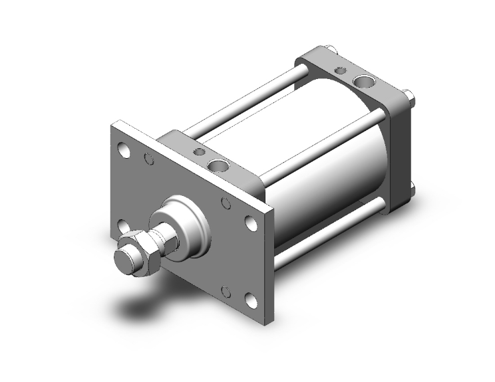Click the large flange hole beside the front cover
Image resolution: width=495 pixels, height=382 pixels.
pos(251,223)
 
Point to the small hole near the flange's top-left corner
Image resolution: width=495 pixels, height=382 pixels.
pos(149,159)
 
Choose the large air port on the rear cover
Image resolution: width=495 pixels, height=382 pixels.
pos(363,82)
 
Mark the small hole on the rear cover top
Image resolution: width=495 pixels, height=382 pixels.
pos(341,70)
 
